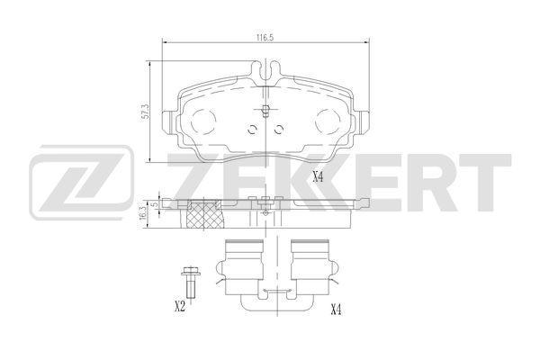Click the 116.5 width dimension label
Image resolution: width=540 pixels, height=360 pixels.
(264, 38)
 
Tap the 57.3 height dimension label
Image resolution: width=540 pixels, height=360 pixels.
(146, 112)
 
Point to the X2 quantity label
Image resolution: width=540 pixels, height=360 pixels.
(180, 306)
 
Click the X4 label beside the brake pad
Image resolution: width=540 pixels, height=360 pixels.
(319, 177)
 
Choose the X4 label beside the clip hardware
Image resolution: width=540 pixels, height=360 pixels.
(336, 310)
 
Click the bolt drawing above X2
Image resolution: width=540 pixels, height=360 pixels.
(188, 283)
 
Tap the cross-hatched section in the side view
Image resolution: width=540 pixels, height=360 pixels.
(204, 214)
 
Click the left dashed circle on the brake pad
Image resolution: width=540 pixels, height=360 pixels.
(204, 121)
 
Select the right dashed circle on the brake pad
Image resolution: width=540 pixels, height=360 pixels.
(328, 121)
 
